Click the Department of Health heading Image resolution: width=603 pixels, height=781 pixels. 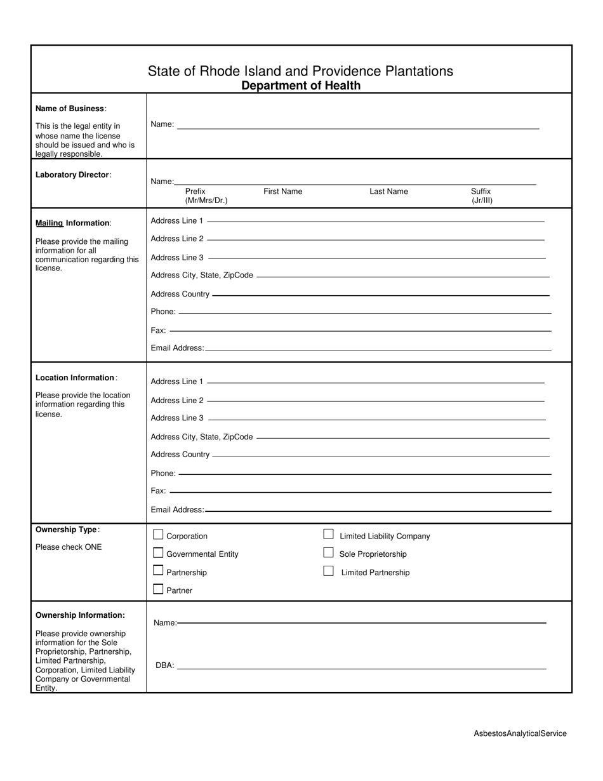click(301, 86)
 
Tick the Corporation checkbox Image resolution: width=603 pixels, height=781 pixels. click(159, 535)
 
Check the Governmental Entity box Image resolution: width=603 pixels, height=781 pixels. click(159, 553)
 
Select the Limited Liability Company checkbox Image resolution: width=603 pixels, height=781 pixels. click(328, 534)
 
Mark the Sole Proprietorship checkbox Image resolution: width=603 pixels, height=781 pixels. click(328, 552)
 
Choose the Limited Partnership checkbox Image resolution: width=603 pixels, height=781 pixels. click(328, 571)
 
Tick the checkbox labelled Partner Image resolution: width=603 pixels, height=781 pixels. click(159, 589)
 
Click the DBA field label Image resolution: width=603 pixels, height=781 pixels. click(164, 665)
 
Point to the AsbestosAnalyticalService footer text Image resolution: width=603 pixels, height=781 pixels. click(520, 733)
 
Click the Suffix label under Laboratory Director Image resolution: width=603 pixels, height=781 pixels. click(480, 191)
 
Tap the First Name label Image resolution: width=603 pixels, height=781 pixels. click(282, 191)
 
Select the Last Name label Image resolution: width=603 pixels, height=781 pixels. click(388, 191)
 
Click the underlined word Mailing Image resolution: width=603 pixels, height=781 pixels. click(50, 223)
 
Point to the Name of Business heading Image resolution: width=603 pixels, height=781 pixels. click(70, 109)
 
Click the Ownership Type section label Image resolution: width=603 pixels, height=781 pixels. click(67, 530)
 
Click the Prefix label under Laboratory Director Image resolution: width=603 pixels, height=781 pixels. click(195, 191)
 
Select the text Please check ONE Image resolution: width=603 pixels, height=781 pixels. click(69, 547)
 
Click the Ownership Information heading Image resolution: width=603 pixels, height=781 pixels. click(80, 615)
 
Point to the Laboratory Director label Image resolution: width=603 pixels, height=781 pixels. click(73, 175)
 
